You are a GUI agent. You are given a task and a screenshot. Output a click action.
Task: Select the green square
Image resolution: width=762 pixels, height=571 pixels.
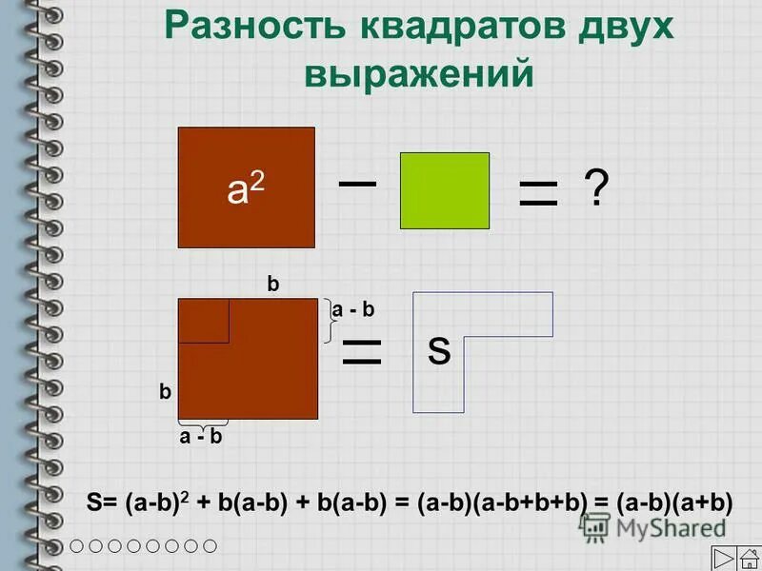pos(444,190)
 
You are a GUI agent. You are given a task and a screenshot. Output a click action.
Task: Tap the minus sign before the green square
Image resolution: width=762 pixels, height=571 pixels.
pos(358,182)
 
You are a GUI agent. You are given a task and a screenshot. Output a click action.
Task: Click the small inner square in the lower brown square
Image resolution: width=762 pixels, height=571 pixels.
pos(203,320)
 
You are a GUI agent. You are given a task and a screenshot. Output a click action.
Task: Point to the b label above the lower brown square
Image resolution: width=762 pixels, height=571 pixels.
pos(273,284)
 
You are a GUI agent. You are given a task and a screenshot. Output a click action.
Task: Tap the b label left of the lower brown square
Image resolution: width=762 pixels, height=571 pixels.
pos(165,390)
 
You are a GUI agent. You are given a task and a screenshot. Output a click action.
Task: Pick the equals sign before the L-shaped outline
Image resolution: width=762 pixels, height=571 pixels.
pos(361,351)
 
